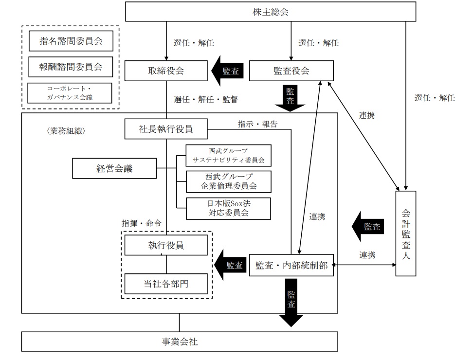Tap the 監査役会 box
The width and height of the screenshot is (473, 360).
(291, 71)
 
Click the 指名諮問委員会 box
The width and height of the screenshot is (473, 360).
(71, 42)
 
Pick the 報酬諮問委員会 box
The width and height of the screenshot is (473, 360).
(71, 67)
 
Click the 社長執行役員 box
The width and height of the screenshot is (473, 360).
(166, 129)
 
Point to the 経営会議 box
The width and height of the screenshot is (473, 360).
(114, 169)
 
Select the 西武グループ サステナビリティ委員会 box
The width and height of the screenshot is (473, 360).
(228, 155)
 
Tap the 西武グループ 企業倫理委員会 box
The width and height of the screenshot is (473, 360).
(228, 181)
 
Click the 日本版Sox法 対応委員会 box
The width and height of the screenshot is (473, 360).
(228, 208)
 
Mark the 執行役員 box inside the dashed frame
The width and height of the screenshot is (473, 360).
(166, 245)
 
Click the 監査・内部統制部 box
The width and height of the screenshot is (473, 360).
(291, 265)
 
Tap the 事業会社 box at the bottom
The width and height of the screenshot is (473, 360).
(180, 342)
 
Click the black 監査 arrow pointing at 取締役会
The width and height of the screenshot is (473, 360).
(228, 71)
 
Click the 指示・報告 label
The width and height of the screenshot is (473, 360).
(257, 124)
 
